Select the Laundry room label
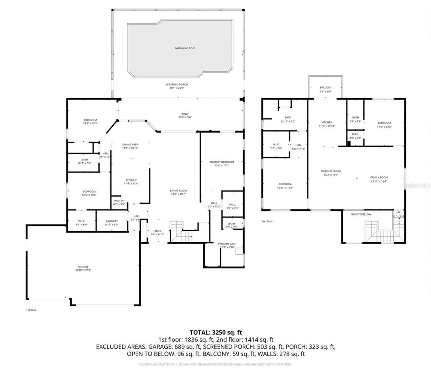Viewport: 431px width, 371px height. [x=111, y=221]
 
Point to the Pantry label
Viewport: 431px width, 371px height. [x=119, y=201]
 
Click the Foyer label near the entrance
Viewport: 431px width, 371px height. [x=157, y=231]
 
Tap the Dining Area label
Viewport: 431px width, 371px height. [x=130, y=144]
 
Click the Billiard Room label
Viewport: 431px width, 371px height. [x=331, y=171]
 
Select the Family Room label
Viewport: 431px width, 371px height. [x=379, y=177]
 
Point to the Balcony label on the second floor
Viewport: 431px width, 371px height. [x=326, y=88]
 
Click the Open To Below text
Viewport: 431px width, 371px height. [x=361, y=214]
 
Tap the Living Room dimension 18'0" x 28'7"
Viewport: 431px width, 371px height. [x=178, y=194]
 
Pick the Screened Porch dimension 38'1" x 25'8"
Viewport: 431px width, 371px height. [x=176, y=88]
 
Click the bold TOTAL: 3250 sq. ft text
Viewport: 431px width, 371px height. [x=216, y=332]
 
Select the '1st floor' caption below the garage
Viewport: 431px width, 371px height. [x=31, y=310]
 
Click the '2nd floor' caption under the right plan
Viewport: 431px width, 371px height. [x=267, y=221]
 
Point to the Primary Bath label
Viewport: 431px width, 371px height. [x=227, y=244]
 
